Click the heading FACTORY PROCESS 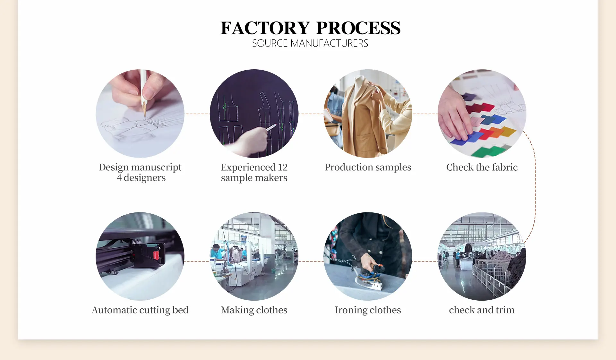coord(310,28)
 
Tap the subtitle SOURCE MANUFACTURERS coord(310,43)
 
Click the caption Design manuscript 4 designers coord(140,172)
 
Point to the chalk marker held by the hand coord(271,127)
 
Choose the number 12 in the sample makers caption coord(283,167)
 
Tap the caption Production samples coord(368,167)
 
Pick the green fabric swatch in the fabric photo coord(488,151)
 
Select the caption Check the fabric coord(482,167)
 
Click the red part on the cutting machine coord(156,255)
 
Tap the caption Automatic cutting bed coord(140,310)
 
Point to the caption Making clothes coord(254,310)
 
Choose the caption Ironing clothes coord(368,310)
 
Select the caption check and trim coord(482,310)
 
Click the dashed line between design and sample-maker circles coord(197,114)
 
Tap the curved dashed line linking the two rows coord(535,186)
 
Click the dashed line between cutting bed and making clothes coord(197,261)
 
